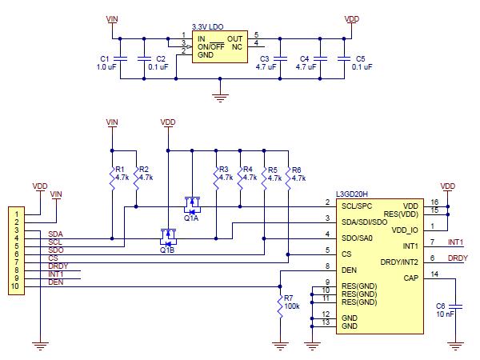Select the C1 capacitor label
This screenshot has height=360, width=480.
[103, 58]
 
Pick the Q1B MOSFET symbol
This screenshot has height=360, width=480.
[167, 235]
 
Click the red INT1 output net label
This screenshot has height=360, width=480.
[455, 242]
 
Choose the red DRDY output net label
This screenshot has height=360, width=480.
[457, 258]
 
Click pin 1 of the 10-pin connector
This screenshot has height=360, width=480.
[15, 214]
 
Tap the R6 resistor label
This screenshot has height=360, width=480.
[298, 170]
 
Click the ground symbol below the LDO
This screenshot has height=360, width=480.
[218, 98]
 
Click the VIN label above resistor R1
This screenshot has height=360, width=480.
[112, 122]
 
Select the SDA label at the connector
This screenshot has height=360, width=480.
[55, 234]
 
